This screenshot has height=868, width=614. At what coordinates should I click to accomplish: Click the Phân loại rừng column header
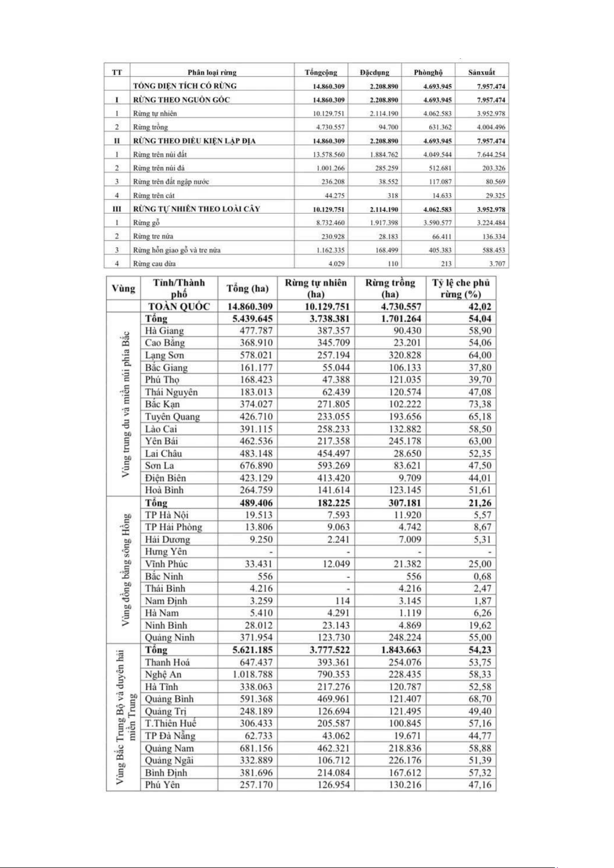point(212,72)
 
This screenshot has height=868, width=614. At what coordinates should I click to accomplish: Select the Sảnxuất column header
point(482,72)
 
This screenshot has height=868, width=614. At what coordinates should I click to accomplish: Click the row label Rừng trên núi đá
point(159,168)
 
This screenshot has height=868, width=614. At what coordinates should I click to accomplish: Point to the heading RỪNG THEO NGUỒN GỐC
point(181,99)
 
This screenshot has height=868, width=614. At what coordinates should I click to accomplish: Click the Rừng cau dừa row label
point(154,264)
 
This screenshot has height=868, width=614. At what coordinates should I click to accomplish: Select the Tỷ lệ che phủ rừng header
point(461,288)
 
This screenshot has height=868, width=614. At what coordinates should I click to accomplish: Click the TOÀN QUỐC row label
point(179,307)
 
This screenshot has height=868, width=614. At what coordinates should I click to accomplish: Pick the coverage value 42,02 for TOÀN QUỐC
point(480,307)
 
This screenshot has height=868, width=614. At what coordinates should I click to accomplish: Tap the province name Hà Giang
point(164,331)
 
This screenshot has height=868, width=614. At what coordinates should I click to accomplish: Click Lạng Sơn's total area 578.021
point(256,355)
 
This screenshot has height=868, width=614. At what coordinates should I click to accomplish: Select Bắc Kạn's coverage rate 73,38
point(480,404)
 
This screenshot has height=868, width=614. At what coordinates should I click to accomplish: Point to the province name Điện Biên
point(165,478)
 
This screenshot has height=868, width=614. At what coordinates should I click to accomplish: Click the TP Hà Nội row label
point(167,515)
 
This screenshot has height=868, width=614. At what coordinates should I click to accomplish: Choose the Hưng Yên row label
point(166,552)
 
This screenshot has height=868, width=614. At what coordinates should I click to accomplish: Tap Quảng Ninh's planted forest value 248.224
point(405,638)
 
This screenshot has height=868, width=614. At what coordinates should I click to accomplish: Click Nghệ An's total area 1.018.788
point(252,675)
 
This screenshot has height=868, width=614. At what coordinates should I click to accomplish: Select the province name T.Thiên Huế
point(170,724)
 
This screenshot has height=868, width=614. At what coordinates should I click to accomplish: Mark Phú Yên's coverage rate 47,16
point(480,785)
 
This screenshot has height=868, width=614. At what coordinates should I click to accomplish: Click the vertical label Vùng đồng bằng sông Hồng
point(126,570)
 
